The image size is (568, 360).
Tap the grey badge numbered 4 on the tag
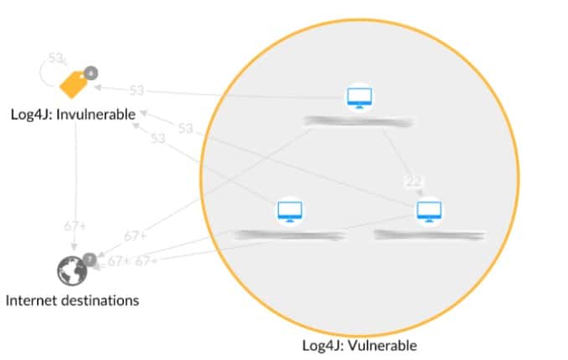click(91, 73)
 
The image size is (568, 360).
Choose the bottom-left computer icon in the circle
click(290, 212)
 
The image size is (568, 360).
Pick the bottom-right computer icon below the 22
click(429, 211)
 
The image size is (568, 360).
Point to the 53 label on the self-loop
click(56, 59)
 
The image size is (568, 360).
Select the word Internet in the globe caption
click(32, 299)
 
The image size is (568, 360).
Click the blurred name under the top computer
click(359, 122)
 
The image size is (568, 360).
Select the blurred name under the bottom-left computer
click(290, 235)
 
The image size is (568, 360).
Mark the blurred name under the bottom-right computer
click(428, 235)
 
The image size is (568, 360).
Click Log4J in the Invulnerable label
click(28, 113)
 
